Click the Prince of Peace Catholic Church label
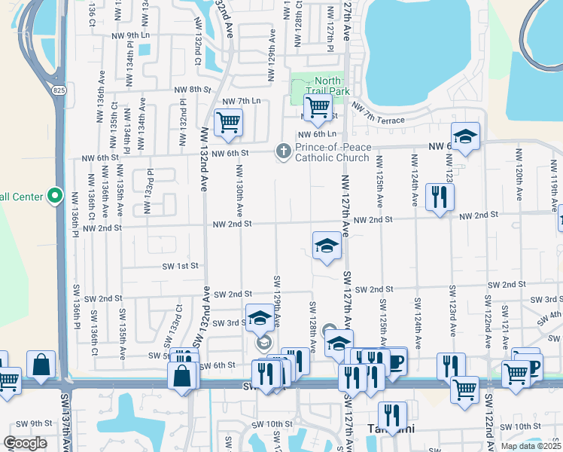pyautogui.click(x=332, y=152)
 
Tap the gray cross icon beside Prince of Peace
pyautogui.click(x=283, y=152)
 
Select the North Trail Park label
pyautogui.click(x=327, y=86)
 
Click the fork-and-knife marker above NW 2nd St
pyautogui.click(x=437, y=197)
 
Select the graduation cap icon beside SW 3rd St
pyautogui.click(x=259, y=318)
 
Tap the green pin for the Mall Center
pyautogui.click(x=54, y=197)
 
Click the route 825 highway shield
pyautogui.click(x=59, y=90)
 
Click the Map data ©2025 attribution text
pyautogui.click(x=531, y=445)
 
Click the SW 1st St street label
pyautogui.click(x=181, y=266)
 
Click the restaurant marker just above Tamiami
pyautogui.click(x=392, y=415)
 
